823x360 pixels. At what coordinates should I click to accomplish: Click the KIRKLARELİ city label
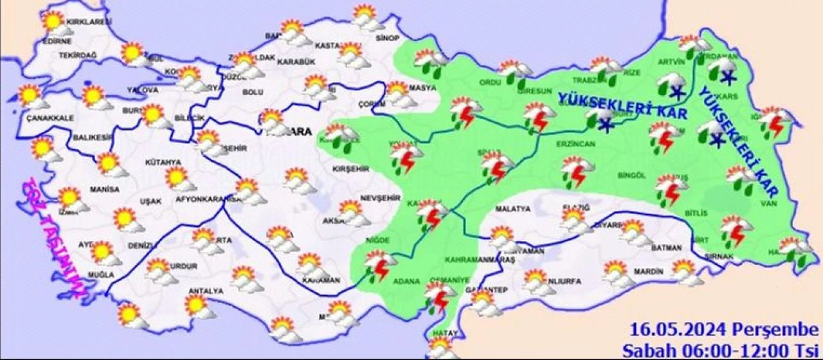tap(89, 22)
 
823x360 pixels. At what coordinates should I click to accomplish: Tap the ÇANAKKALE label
tap(51, 118)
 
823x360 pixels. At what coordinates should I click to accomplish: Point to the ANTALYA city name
tap(206, 291)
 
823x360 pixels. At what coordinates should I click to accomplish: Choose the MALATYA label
tap(512, 209)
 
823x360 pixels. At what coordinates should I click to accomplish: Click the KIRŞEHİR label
tap(350, 168)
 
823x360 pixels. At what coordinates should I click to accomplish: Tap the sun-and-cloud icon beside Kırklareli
tap(56, 24)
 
